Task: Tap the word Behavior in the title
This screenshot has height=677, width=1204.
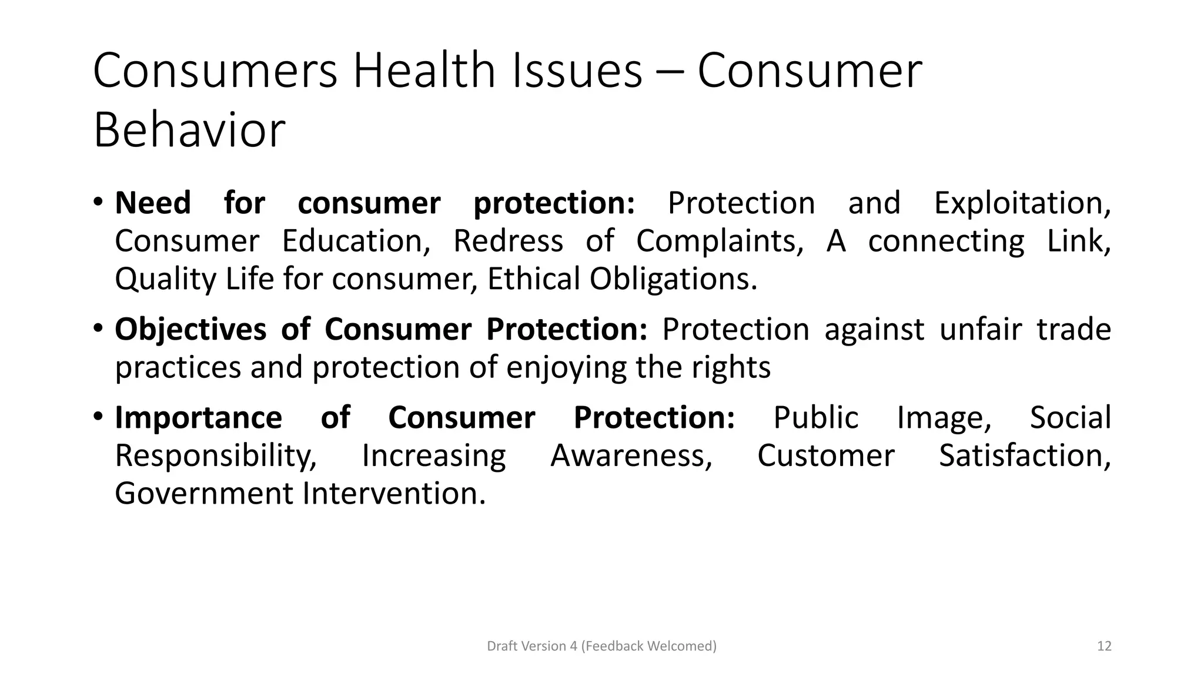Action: [x=189, y=130]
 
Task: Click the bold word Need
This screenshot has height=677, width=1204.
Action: [x=153, y=203]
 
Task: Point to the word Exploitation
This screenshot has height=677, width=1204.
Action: [x=1022, y=203]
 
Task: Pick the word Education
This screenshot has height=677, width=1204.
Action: [x=356, y=241]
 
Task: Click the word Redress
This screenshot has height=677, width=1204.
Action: [x=508, y=241]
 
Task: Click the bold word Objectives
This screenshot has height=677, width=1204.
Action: [x=190, y=329]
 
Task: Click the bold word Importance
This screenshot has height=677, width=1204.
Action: [x=198, y=418]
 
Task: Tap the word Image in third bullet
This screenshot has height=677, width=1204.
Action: [x=944, y=418]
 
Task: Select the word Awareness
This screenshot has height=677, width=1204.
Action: [x=631, y=455]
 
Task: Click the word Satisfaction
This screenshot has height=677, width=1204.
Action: [x=1024, y=455]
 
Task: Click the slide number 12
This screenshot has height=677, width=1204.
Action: [x=1104, y=646]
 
